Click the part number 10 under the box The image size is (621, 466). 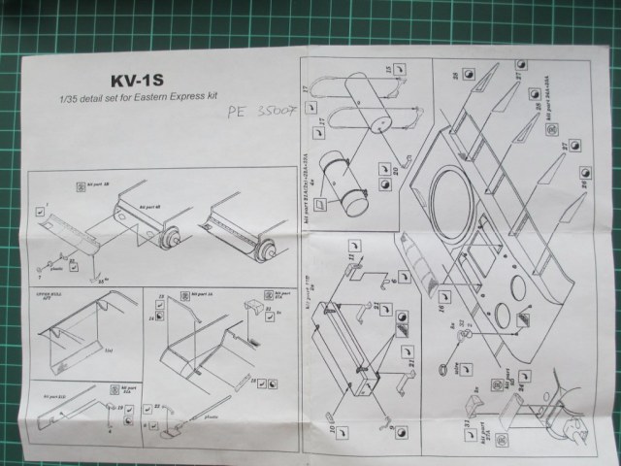point(331,424)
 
